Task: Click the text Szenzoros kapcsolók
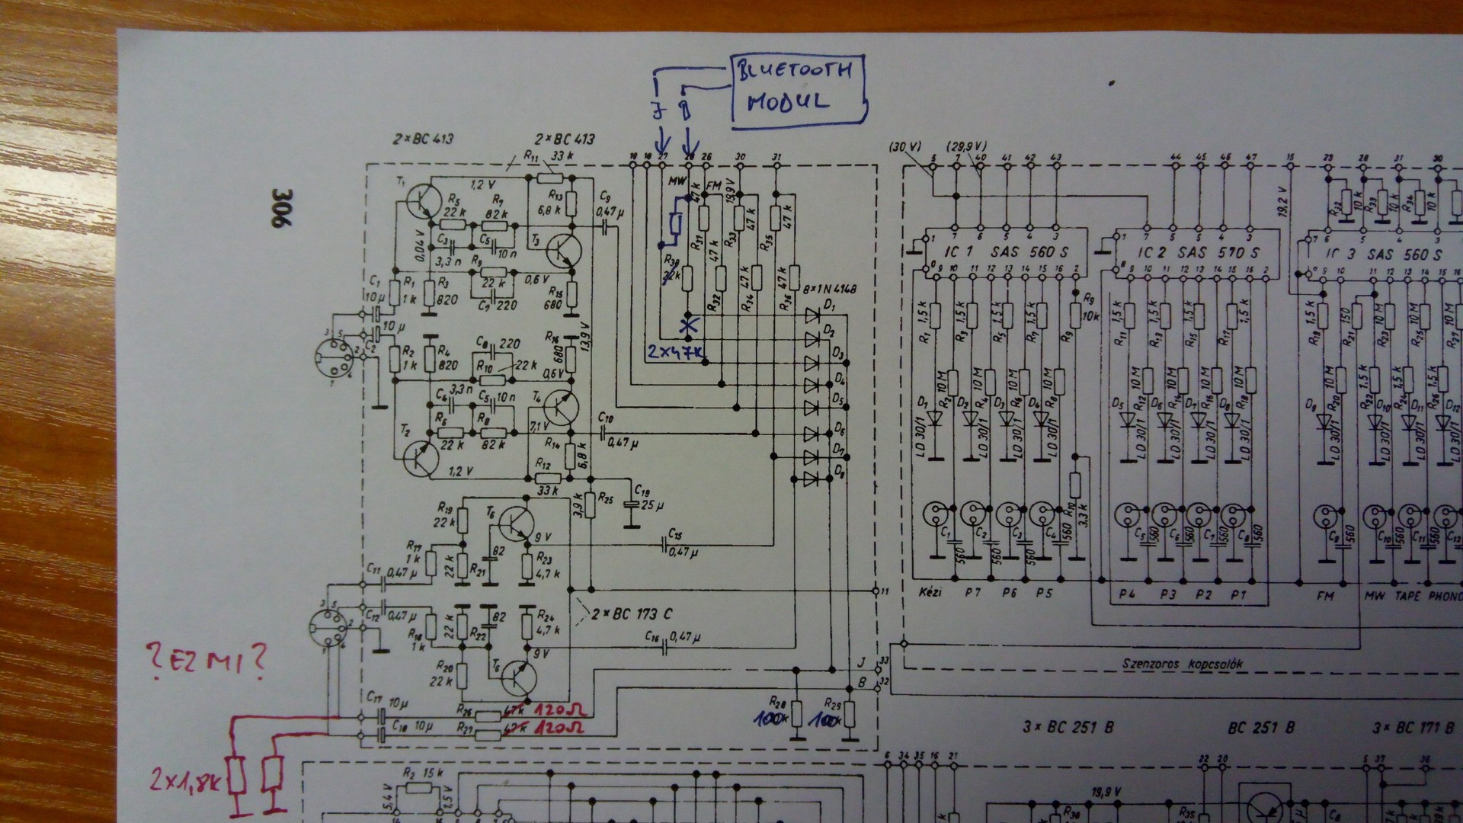[1182, 664]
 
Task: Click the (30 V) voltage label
[906, 146]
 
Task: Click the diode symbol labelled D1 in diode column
[813, 315]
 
